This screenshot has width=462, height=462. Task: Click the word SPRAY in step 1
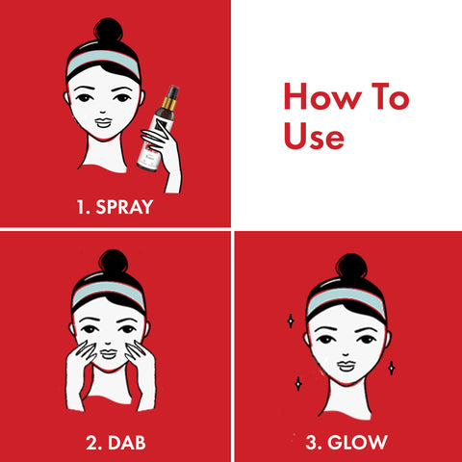pyautogui.click(x=124, y=207)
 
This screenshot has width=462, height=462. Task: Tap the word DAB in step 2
pyautogui.click(x=127, y=443)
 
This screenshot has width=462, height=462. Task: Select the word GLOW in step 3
pyautogui.click(x=357, y=443)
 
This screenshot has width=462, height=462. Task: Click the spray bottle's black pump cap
pyautogui.click(x=172, y=92)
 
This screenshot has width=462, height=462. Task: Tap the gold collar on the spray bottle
pyautogui.click(x=168, y=104)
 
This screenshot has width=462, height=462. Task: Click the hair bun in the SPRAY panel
pyautogui.click(x=108, y=30)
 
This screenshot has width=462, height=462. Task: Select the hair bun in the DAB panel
pyautogui.click(x=114, y=262)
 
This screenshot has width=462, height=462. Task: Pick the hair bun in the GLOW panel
pyautogui.click(x=351, y=266)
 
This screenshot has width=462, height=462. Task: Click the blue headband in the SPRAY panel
pyautogui.click(x=103, y=61)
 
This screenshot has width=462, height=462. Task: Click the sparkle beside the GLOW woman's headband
pyautogui.click(x=291, y=321)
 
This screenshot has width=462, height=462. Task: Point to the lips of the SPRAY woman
pyautogui.click(x=103, y=123)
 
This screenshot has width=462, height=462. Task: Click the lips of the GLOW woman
pyautogui.click(x=346, y=366)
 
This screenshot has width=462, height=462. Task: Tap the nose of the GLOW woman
pyautogui.click(x=346, y=354)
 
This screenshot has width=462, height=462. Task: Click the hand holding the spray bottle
pyautogui.click(x=162, y=151)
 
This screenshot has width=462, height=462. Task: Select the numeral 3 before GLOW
pyautogui.click(x=312, y=443)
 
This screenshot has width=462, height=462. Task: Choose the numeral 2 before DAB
pyautogui.click(x=92, y=443)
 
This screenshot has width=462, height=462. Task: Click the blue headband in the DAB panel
pyautogui.click(x=109, y=293)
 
